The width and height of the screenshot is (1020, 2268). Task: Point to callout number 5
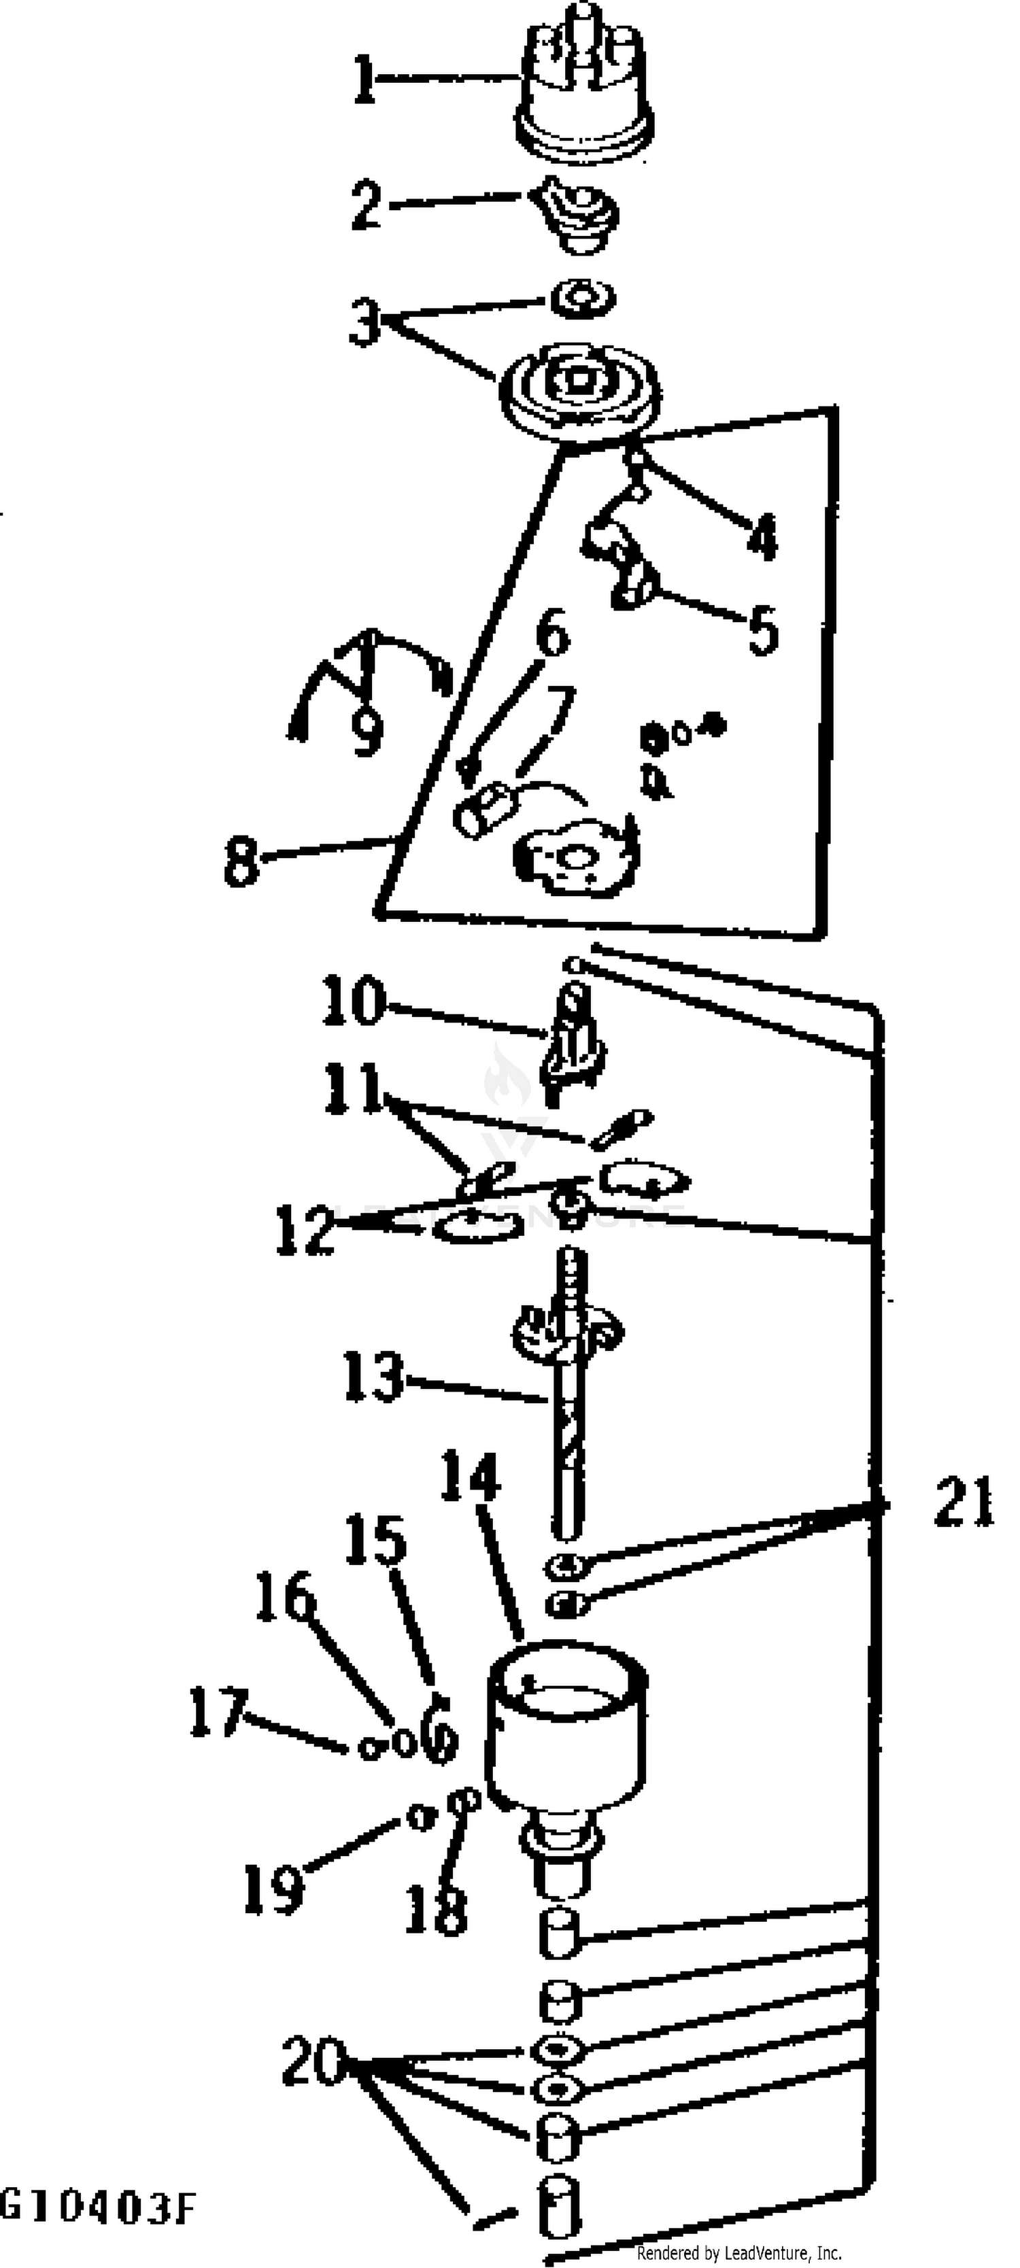point(763,629)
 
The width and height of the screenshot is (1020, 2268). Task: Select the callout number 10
point(353,1000)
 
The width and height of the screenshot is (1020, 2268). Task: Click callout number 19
point(274,1889)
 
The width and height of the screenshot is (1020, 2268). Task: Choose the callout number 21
point(964,1501)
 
